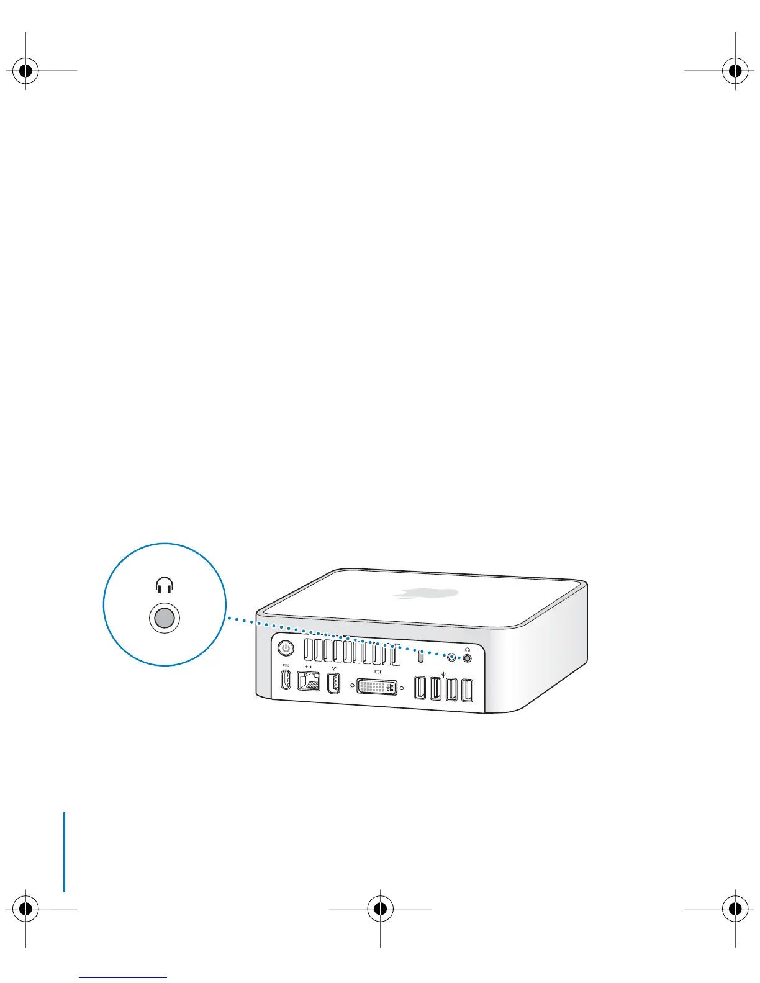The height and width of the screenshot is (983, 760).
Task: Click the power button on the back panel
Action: click(x=286, y=649)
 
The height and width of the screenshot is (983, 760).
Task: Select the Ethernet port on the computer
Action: click(x=309, y=681)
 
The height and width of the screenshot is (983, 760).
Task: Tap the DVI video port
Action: click(x=378, y=686)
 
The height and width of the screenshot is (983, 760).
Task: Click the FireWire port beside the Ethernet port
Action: click(x=334, y=683)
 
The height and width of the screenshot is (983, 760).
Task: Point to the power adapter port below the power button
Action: click(x=286, y=679)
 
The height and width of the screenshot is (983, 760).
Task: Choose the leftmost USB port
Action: click(x=420, y=688)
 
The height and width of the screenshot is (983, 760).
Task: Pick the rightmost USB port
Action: click(x=467, y=691)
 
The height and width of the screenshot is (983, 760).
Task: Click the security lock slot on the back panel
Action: click(x=421, y=656)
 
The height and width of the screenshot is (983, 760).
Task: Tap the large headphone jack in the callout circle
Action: click(x=164, y=619)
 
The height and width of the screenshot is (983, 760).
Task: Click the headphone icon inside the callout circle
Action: click(x=164, y=585)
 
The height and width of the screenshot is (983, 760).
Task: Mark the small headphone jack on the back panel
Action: click(x=467, y=658)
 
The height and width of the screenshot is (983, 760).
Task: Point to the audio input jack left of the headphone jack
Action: click(x=452, y=657)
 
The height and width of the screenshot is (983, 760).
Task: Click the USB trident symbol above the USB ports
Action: click(x=443, y=671)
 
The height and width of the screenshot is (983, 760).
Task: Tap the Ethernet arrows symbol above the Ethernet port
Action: click(x=309, y=666)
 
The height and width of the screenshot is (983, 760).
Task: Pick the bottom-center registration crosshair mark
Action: click(x=380, y=909)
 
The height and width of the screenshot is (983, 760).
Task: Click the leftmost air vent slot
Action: click(x=308, y=650)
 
